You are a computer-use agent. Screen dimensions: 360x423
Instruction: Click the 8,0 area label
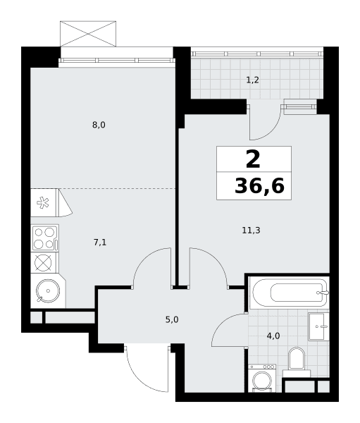[x=99, y=125]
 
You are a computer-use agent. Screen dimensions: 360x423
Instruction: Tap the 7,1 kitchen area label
[x=100, y=243]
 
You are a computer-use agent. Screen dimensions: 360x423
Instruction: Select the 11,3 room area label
[x=251, y=231]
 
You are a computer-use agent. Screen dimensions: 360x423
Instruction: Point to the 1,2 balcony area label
[x=253, y=80]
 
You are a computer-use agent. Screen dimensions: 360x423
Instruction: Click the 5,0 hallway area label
[x=172, y=319]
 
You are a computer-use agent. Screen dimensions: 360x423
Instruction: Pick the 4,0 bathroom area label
[x=273, y=336]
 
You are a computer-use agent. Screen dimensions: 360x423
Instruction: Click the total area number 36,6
[x=259, y=186]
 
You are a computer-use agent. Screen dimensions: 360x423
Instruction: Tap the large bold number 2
[x=253, y=159]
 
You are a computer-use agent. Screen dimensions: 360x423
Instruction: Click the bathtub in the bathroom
[x=289, y=293]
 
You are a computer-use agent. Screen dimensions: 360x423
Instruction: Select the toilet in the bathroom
[x=297, y=362]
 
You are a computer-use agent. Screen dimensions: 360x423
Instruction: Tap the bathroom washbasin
[x=318, y=326]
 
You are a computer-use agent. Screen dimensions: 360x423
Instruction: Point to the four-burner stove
[x=45, y=238]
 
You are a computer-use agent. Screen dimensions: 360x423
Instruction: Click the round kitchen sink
[x=48, y=290]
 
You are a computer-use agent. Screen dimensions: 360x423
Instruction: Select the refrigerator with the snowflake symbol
[x=44, y=202]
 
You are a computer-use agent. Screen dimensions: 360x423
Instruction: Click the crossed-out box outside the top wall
[x=88, y=34]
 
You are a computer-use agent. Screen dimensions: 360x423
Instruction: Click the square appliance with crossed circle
[x=43, y=263]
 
